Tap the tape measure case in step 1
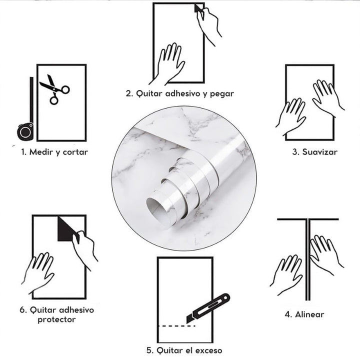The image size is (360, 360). coord(25,131)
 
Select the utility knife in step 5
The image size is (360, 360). coord(208,308)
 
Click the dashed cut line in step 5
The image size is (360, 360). coord(177,326)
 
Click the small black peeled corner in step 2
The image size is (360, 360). coord(197,8)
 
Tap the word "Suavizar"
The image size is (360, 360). coord(319,152)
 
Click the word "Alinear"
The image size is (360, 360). coord(309,314)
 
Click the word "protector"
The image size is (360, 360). coord(56,319)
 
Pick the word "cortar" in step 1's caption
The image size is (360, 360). coord(75,152)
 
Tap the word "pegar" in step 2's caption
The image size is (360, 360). coord(222,94)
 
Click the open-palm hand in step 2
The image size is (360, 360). coord(168,63)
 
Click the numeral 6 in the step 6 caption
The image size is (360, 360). coord(22,310)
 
